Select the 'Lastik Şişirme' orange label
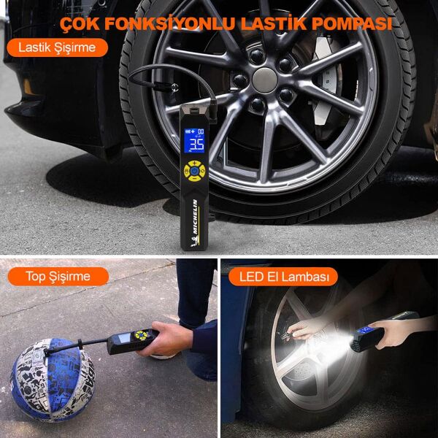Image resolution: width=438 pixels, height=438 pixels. coord(57,48)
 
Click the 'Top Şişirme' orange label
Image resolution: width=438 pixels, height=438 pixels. coord(58,276)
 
